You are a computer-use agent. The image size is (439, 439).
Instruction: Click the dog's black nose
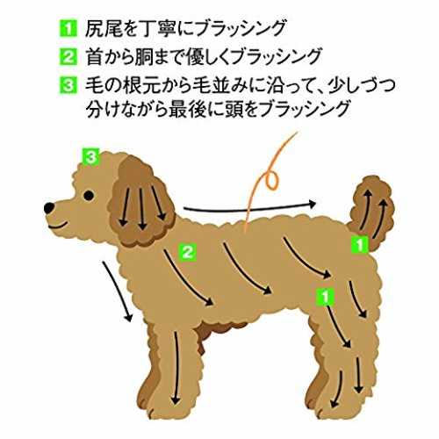[49, 207]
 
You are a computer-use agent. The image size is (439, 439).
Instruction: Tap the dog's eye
[89, 195]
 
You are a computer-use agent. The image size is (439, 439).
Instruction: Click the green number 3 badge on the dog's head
[90, 157]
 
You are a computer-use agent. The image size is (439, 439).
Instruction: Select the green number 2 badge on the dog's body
[188, 252]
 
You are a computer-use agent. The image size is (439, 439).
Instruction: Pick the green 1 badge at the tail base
[360, 244]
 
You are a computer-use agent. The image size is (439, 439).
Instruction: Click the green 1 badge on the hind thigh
[325, 297]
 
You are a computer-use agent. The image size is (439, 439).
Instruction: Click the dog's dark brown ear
[141, 202]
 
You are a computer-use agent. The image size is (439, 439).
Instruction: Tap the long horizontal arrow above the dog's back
[249, 207]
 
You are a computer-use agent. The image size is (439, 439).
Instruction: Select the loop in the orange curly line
[271, 181]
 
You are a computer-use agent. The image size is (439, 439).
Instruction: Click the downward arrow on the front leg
[176, 368]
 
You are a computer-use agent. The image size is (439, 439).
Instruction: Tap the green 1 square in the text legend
[68, 28]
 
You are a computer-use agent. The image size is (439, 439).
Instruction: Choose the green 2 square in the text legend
[68, 57]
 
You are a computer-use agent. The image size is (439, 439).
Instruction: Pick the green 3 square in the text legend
[68, 85]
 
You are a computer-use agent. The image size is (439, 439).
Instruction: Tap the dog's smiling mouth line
[58, 226]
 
